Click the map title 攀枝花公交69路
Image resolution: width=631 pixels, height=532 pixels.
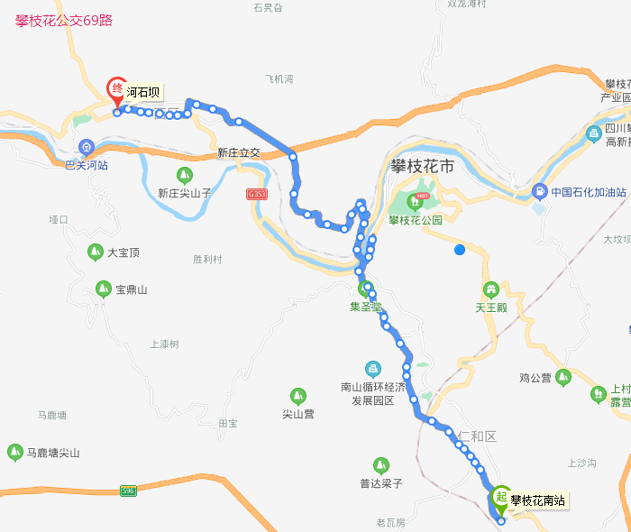pyautogui.click(x=64, y=20)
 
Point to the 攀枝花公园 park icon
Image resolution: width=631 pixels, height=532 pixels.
pyautogui.click(x=416, y=201)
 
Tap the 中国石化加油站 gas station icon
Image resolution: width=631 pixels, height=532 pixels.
pyautogui.click(x=539, y=191)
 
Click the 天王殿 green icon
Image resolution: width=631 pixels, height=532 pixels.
pyautogui.click(x=492, y=289)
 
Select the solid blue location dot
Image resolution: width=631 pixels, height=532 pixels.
pyautogui.click(x=460, y=250)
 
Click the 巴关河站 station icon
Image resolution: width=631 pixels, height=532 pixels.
pyautogui.click(x=87, y=147)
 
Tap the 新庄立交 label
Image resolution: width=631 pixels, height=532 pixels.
pyautogui.click(x=238, y=153)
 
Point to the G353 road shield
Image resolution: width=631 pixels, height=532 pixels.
pyautogui.click(x=257, y=194)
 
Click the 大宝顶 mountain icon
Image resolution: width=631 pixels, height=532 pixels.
pyautogui.click(x=95, y=252)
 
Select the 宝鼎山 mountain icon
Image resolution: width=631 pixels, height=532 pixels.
pyautogui.click(x=103, y=289)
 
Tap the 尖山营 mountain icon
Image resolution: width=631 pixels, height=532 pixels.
pyautogui.click(x=297, y=396)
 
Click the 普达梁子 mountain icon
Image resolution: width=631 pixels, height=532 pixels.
pyautogui.click(x=380, y=464)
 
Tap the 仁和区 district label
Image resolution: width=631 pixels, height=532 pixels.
pyautogui.click(x=477, y=436)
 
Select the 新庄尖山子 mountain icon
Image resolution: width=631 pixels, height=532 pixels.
pyautogui.click(x=185, y=174)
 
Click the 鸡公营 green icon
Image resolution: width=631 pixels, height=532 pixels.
pyautogui.click(x=563, y=377)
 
